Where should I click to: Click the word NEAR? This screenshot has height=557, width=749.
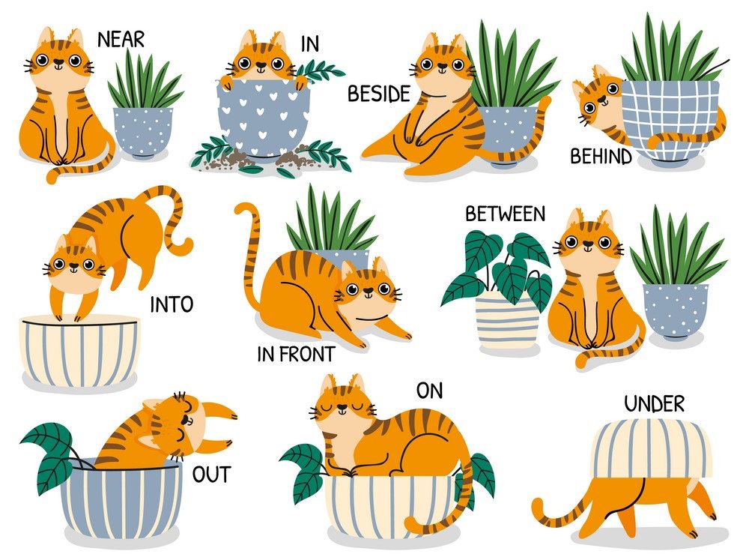[121, 40]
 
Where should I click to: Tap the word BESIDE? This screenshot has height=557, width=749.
[379, 94]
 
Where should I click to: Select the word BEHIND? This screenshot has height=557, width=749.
[601, 157]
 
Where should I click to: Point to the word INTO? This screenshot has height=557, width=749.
[172, 304]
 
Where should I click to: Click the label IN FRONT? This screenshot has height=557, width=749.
[296, 355]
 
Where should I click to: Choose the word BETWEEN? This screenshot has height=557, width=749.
[506, 214]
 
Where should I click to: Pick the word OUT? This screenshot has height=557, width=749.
[212, 475]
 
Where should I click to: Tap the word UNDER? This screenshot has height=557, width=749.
[654, 404]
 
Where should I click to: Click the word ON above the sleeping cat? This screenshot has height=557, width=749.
[429, 391]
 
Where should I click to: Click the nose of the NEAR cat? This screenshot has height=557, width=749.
[58, 61]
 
